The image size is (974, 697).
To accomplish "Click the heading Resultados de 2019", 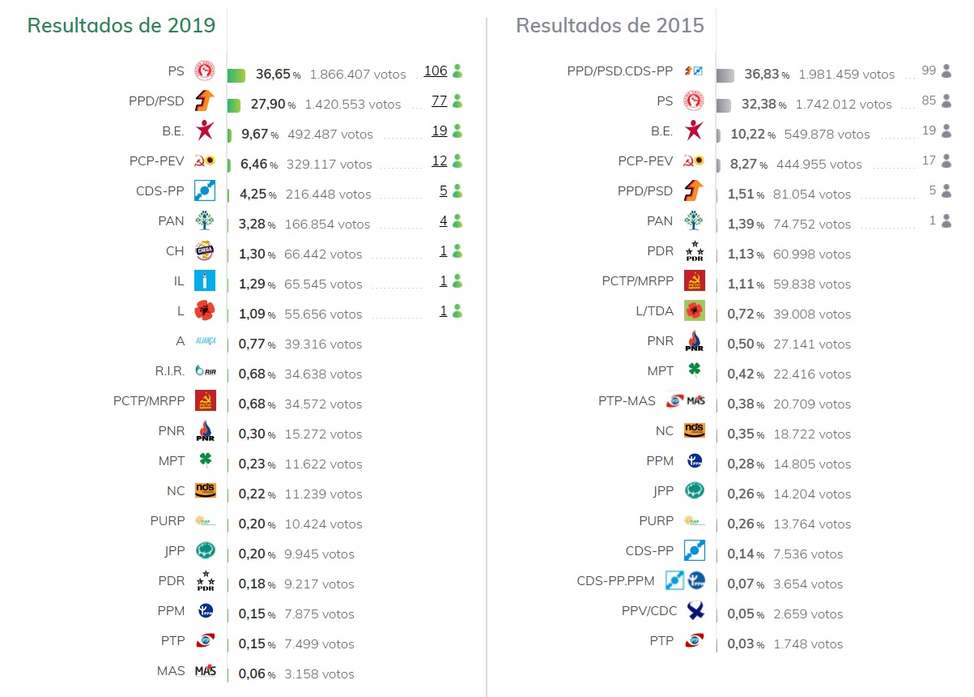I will tap(121, 25).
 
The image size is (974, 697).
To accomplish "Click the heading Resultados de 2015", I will tap(610, 25).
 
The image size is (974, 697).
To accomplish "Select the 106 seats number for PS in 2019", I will tap(436, 71).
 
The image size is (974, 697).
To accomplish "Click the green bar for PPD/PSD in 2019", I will tap(234, 105).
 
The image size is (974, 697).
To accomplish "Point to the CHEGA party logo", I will tap(205, 251).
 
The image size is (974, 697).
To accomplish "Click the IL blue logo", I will tap(205, 281).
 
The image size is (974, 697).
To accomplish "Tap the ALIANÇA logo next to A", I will tap(205, 341).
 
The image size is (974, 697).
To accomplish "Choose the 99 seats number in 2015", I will tap(928, 71).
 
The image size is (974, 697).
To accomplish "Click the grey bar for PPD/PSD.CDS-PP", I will tap(725, 75).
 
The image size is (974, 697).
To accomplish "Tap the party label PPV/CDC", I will tap(649, 610).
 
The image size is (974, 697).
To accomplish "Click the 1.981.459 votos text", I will tap(846, 75).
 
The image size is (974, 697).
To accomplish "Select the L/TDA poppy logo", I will tap(694, 310).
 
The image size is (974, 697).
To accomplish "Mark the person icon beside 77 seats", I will tap(457, 101).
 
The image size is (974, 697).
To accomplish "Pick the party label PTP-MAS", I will tap(627, 401).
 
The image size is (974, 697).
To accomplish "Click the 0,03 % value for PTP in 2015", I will tap(746, 644).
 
